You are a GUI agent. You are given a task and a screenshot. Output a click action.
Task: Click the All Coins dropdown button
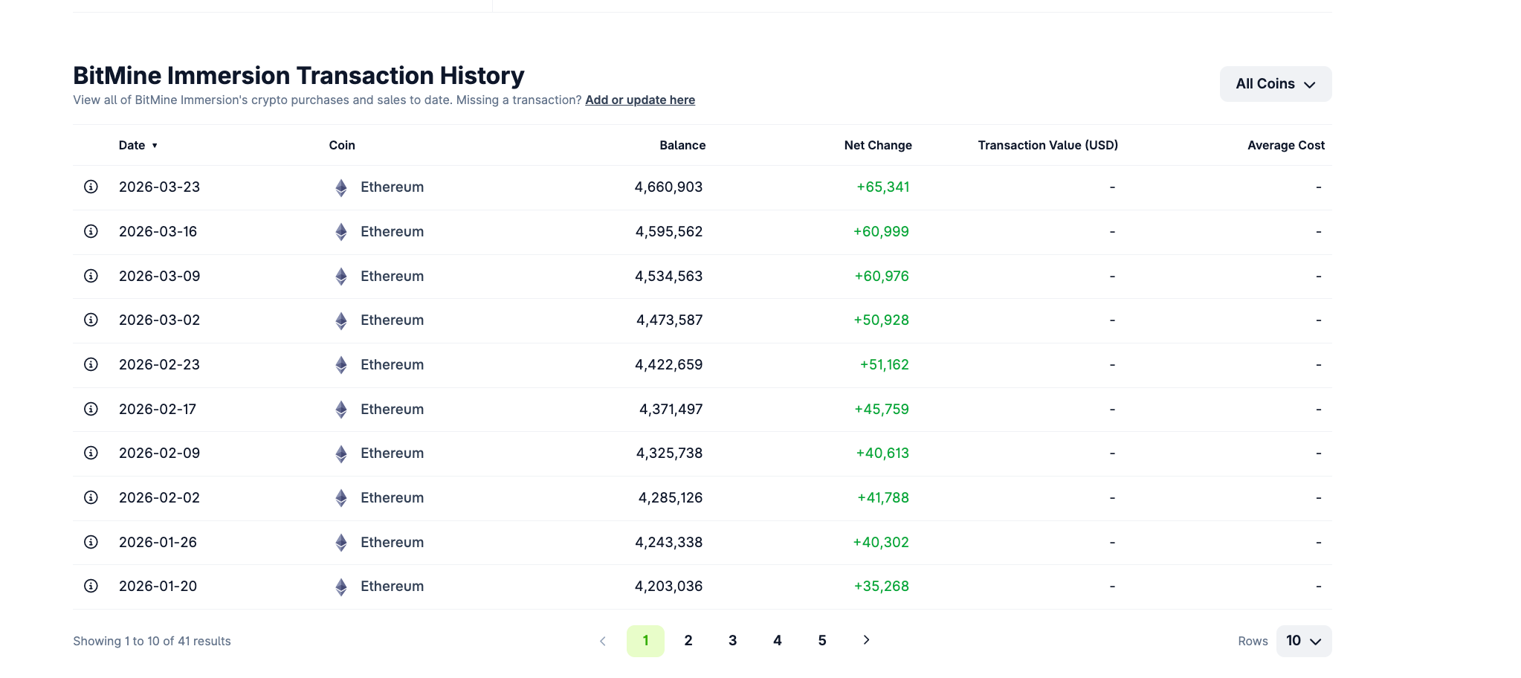(1275, 84)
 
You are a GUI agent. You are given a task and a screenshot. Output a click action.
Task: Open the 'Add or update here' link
(639, 100)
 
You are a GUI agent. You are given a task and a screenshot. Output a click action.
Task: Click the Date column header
(132, 145)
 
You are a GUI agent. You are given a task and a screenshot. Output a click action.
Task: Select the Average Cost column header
(1285, 145)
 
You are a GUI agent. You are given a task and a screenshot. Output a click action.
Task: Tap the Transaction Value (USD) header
(1047, 145)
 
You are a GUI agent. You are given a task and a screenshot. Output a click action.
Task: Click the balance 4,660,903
(668, 187)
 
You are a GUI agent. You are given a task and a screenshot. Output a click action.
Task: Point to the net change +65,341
(882, 187)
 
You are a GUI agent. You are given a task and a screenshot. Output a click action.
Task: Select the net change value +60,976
(881, 276)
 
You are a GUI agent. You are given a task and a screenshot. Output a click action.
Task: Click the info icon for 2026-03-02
(91, 320)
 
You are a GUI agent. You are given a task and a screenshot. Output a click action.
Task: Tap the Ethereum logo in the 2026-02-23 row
(341, 365)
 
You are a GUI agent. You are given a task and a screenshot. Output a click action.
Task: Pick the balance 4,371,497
(671, 409)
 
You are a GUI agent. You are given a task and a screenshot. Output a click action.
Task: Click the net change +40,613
(882, 453)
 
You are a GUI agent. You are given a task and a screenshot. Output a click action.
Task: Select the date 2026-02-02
(159, 497)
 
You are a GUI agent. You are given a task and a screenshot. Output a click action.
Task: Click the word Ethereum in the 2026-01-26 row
(392, 542)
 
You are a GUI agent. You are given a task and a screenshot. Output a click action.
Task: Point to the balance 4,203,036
(668, 586)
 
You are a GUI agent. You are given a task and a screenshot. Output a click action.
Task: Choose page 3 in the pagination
(732, 640)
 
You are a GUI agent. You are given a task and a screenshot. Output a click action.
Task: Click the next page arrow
(866, 640)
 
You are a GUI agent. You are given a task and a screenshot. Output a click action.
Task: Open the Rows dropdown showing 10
(1303, 641)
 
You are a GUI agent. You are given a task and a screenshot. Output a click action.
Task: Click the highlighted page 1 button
(645, 640)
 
